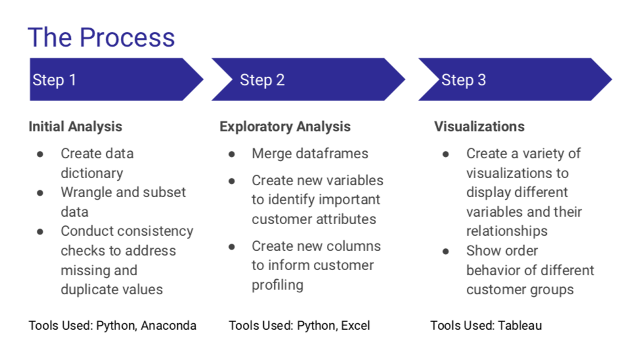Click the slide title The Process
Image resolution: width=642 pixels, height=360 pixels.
tap(101, 37)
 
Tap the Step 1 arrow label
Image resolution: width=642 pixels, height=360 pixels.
tap(54, 80)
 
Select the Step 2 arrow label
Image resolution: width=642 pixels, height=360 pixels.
tap(262, 80)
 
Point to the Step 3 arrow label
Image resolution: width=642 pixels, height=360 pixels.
tap(463, 80)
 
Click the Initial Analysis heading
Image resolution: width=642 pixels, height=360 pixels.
tap(75, 127)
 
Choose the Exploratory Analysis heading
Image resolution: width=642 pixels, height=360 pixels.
tap(285, 127)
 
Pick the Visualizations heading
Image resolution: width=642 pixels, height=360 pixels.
tap(479, 127)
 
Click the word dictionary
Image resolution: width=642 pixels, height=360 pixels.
tap(92, 173)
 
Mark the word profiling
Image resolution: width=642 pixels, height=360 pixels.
tap(278, 285)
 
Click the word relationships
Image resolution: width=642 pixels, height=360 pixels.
tap(507, 231)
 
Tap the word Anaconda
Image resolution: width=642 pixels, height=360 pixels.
tap(169, 325)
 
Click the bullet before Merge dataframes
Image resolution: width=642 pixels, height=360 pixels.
tap(232, 154)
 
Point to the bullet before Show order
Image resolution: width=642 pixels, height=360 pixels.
tap(446, 251)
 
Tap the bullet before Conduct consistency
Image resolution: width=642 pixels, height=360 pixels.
tap(41, 232)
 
